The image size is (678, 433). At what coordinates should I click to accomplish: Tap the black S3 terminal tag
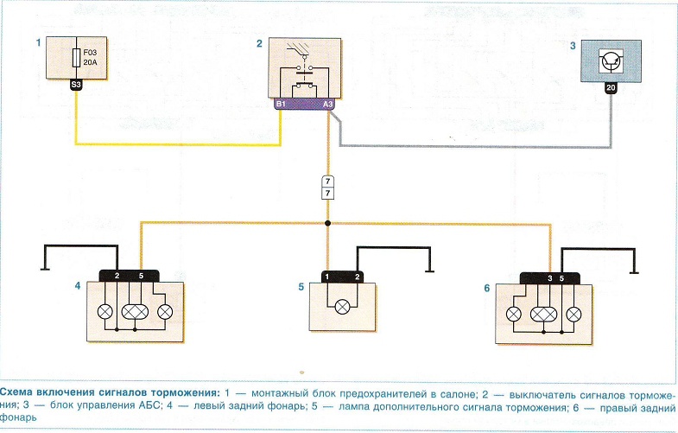[77, 86]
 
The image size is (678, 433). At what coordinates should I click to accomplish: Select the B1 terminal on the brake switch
[281, 105]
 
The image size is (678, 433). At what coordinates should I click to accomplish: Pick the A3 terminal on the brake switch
[328, 105]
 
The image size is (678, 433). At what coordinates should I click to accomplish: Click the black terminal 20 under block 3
[611, 87]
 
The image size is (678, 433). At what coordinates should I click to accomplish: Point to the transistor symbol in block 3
[611, 60]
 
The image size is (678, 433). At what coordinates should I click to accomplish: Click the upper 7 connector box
[327, 181]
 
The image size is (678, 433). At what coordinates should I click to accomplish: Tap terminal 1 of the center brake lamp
[328, 276]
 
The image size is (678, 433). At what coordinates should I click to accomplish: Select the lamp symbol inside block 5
[342, 305]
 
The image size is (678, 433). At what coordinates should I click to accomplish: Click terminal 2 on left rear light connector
[117, 276]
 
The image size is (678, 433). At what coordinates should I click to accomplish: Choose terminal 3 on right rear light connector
[549, 279]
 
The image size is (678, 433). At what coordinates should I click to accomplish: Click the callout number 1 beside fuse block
[37, 42]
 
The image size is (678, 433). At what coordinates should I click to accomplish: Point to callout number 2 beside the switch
[258, 42]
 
